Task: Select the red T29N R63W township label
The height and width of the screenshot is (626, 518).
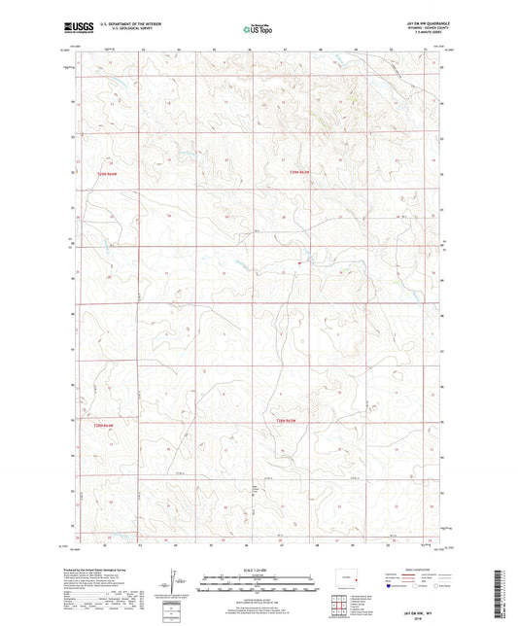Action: tap(300, 173)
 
